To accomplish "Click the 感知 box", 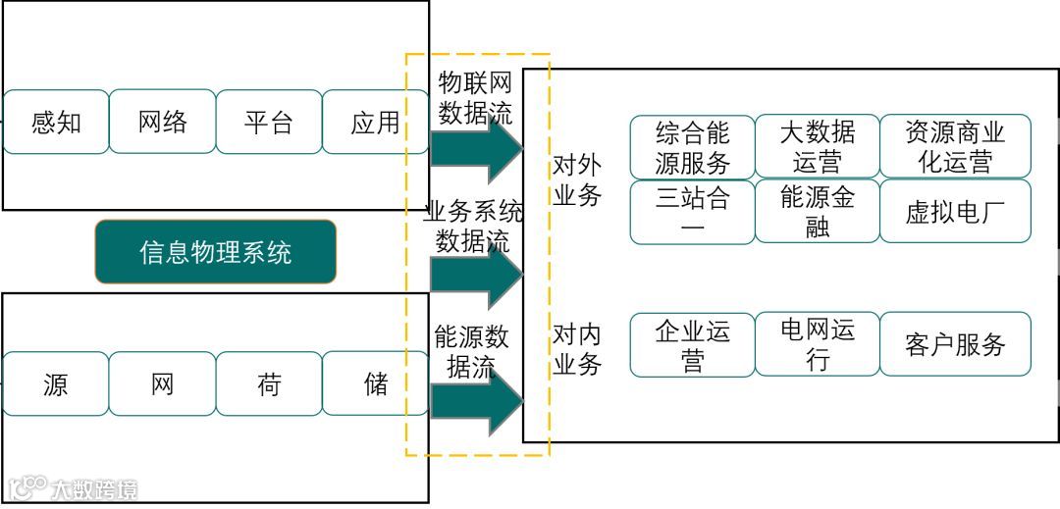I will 56,123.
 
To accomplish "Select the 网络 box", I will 162,122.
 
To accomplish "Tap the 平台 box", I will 269,123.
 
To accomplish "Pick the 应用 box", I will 375,123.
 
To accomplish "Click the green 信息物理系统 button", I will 216,252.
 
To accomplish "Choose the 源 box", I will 56,384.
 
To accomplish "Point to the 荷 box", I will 269,384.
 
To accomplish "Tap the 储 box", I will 375,384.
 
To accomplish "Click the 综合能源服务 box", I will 692,147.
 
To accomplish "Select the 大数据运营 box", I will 818,147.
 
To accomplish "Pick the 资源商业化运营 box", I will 955,147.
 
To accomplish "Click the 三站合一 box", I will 692,212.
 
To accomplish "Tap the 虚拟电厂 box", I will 955,212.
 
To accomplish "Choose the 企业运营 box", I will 692,344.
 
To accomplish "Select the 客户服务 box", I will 955,344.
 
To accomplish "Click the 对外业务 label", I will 577,179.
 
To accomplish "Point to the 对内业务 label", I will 577,348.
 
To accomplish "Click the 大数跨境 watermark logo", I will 74,487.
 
